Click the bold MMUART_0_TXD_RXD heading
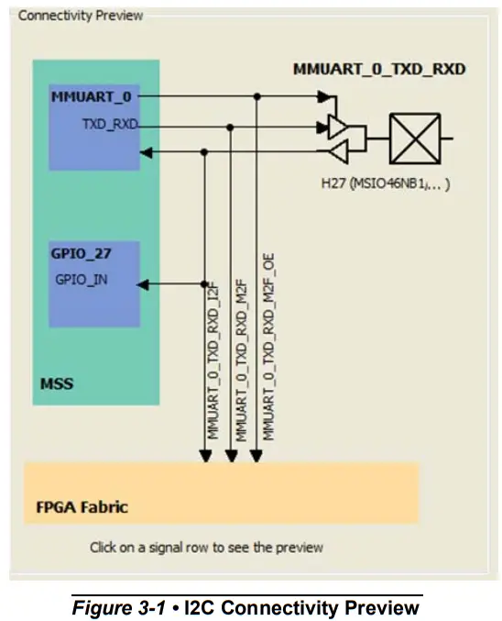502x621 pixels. pos(378,70)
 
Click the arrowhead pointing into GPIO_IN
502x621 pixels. pos(144,283)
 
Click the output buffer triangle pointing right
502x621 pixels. pos(337,128)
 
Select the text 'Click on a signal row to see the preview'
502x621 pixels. pos(206,548)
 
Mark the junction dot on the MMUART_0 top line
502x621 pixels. pos(257,95)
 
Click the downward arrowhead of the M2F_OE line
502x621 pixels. pos(257,455)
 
